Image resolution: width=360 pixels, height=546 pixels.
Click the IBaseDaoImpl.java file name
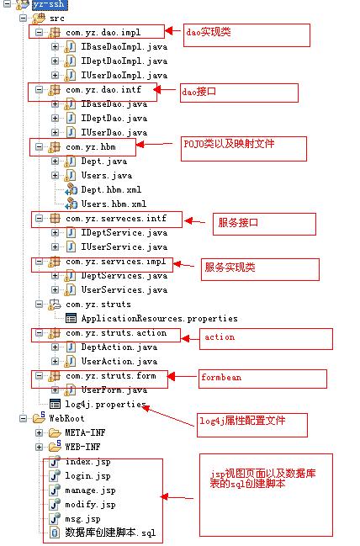[124, 46]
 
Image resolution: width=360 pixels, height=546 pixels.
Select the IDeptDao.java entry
[114, 118]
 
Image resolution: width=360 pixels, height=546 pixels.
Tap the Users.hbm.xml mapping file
[114, 204]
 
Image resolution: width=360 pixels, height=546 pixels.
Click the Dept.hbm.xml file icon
[71, 190]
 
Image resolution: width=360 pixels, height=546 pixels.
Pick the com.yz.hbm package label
[91, 147]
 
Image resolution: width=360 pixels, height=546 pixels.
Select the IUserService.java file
[124, 246]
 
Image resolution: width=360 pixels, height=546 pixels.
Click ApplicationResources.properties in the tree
[160, 318]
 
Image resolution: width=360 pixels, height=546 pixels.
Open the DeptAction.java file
[119, 347]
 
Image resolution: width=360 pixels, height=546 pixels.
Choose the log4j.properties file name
[106, 405]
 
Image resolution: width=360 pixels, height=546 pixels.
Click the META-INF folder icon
[55, 432]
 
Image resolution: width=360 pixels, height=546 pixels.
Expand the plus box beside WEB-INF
[39, 447]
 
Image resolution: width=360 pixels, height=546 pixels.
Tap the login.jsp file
[87, 475]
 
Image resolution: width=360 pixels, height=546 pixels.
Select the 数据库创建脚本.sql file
[110, 533]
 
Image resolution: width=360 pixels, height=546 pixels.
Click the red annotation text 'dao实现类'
[209, 32]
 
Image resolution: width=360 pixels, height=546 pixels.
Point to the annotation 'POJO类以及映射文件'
[229, 144]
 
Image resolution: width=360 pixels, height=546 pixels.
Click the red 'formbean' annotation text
[221, 377]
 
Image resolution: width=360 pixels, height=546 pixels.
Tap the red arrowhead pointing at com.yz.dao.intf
[157, 90]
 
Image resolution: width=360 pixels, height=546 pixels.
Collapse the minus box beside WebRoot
[23, 419]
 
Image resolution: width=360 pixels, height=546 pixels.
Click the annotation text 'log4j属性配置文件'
[242, 421]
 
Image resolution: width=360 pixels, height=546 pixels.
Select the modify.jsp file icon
[55, 504]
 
